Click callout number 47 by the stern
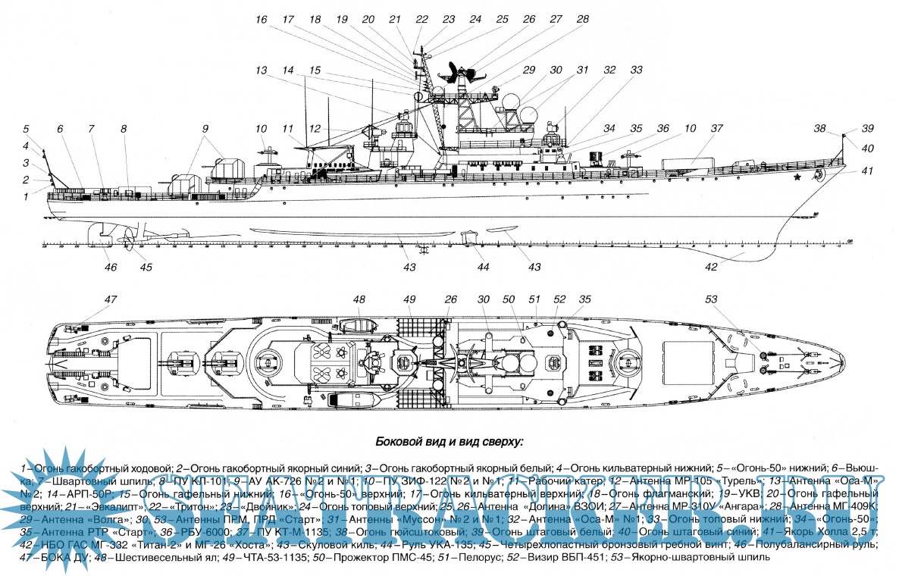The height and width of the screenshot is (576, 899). pyautogui.click(x=111, y=299)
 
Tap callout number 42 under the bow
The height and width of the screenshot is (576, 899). pyautogui.click(x=711, y=267)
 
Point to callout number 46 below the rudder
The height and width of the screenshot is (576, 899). pyautogui.click(x=111, y=267)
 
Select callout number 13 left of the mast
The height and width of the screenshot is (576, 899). pyautogui.click(x=262, y=70)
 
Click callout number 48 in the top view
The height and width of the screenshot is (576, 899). pyautogui.click(x=359, y=299)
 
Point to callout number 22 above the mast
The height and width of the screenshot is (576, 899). pyautogui.click(x=421, y=18)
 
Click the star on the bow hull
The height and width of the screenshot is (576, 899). pyautogui.click(x=797, y=179)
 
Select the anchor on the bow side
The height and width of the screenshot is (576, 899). pyautogui.click(x=819, y=175)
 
